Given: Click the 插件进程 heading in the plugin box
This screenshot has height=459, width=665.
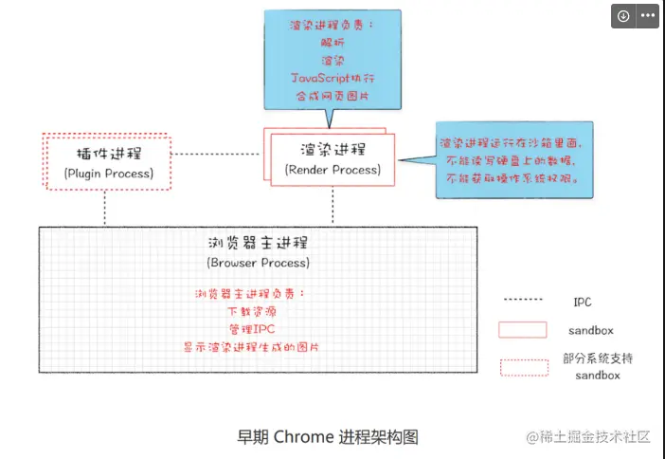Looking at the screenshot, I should click(x=108, y=153).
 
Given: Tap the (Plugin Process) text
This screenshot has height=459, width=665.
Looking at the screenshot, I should click(x=108, y=174).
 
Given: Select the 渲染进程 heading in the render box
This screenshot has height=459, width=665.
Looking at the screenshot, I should click(x=332, y=149).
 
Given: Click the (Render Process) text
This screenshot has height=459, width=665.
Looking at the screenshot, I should click(x=332, y=170).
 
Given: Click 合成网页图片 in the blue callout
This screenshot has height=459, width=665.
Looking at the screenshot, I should click(x=328, y=95).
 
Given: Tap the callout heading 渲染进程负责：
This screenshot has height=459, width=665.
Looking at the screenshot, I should click(x=328, y=27).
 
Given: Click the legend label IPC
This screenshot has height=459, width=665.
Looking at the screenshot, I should click(x=583, y=302).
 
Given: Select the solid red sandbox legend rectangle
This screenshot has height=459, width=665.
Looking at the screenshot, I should click(x=523, y=330).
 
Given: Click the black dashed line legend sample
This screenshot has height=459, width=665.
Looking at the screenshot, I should click(x=523, y=301).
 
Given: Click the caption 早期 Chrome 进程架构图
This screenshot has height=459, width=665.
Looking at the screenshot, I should click(x=327, y=437).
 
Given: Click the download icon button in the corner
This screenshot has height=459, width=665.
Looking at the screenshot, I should click(x=623, y=16).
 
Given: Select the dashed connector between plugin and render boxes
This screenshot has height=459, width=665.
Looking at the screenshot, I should click(x=217, y=154).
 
